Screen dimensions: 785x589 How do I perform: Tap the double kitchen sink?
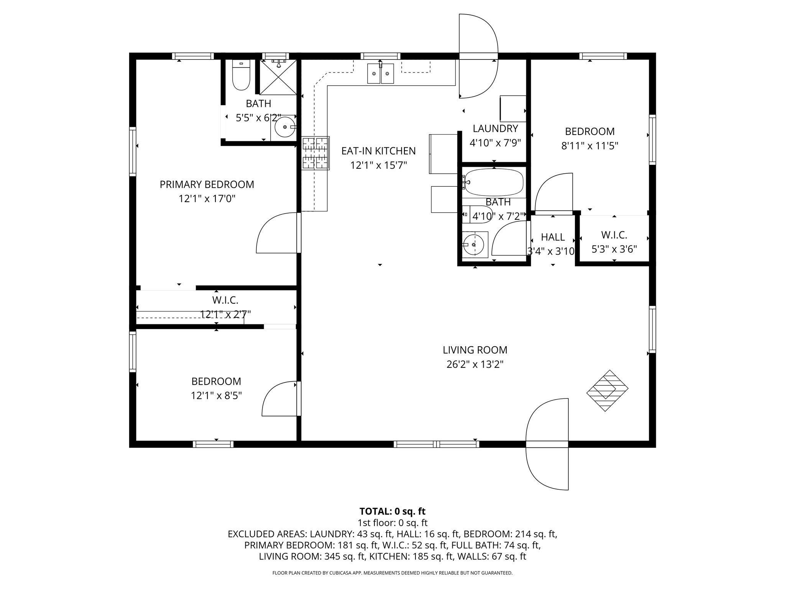click(380, 73)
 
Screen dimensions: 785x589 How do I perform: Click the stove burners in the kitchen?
click(315, 153)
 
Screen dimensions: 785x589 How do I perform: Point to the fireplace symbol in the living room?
click(608, 390)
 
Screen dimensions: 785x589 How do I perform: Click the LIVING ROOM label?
click(475, 350)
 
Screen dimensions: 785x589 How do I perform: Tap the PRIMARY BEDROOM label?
click(207, 184)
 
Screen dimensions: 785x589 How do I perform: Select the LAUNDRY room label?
click(495, 128)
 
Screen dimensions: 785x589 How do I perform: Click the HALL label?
click(553, 237)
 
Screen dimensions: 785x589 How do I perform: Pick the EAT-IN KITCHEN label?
click(379, 151)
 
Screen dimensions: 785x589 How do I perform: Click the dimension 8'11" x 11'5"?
click(590, 146)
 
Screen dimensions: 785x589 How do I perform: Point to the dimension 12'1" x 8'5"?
click(217, 395)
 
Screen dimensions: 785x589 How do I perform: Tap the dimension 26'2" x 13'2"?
click(475, 364)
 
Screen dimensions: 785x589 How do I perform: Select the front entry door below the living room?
click(547, 444)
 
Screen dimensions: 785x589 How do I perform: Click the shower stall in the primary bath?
click(278, 77)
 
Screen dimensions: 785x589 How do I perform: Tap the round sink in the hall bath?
click(475, 245)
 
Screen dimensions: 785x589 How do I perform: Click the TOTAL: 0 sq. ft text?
click(392, 511)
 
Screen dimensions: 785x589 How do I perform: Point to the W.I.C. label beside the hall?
click(614, 235)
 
